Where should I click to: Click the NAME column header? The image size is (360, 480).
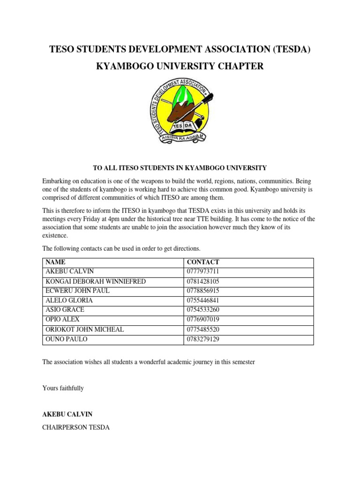pyautogui.click(x=56, y=262)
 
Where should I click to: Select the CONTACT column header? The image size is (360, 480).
pyautogui.click(x=203, y=262)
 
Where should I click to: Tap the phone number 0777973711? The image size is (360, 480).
pyautogui.click(x=203, y=272)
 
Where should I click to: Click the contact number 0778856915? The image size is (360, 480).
pyautogui.click(x=203, y=291)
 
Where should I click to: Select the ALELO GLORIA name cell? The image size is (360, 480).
pyautogui.click(x=69, y=300)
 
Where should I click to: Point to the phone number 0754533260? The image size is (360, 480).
pyautogui.click(x=203, y=310)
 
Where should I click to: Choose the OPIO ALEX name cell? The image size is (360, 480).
pyautogui.click(x=62, y=320)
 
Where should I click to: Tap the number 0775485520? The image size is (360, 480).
pyautogui.click(x=203, y=330)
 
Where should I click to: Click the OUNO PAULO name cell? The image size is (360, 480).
pyautogui.click(x=66, y=339)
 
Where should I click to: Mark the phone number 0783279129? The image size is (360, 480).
pyautogui.click(x=203, y=339)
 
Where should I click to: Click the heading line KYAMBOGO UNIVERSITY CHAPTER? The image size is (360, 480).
pyautogui.click(x=180, y=67)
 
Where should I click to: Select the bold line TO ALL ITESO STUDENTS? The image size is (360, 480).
pyautogui.click(x=180, y=168)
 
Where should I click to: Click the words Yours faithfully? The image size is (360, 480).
pyautogui.click(x=63, y=388)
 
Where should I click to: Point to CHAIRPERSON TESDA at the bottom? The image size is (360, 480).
pyautogui.click(x=76, y=427)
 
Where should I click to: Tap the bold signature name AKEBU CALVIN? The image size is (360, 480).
pyautogui.click(x=67, y=414)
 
